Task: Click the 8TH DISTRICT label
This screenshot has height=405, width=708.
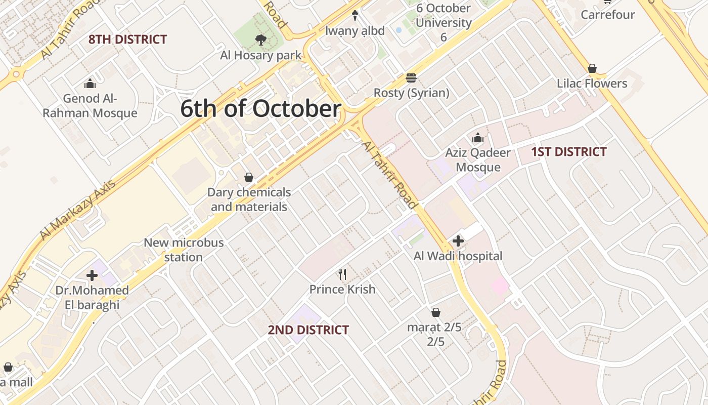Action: [127, 39]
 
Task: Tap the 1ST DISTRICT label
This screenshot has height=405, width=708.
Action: [568, 152]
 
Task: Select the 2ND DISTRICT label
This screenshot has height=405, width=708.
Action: [308, 330]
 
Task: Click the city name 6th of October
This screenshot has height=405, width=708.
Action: [260, 109]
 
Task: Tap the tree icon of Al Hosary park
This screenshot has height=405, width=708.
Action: [261, 40]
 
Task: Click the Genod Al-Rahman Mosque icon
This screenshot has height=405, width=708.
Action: [90, 84]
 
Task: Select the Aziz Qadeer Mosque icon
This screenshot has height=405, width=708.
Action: [477, 138]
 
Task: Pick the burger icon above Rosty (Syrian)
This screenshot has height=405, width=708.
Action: [411, 78]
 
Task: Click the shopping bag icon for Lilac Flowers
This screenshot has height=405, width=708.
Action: [592, 68]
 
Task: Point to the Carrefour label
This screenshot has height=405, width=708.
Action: [607, 15]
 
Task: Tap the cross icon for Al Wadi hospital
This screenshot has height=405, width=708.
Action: [458, 241]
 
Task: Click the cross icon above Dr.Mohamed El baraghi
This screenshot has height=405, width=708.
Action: [92, 275]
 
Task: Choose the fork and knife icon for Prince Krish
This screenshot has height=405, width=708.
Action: [342, 274]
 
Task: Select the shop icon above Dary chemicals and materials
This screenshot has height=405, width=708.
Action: [249, 177]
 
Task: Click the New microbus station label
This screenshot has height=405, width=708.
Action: [184, 250]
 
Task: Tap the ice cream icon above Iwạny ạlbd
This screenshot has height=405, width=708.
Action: [355, 16]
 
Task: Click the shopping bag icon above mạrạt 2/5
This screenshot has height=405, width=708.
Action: [435, 312]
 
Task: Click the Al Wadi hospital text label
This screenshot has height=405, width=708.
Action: [458, 256]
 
